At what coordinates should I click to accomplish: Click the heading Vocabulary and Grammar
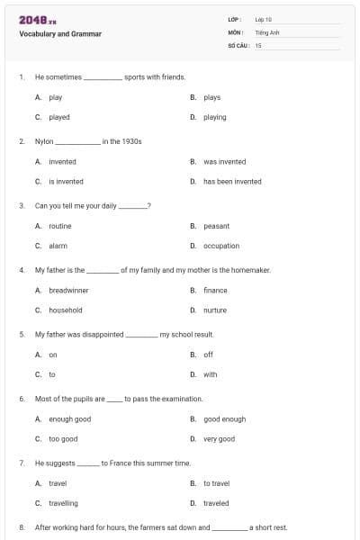60,34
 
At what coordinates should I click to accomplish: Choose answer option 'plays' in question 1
211,97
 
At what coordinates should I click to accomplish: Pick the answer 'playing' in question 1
214,117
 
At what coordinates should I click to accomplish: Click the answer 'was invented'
224,162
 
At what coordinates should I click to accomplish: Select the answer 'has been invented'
232,181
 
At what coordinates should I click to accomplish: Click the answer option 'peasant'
216,226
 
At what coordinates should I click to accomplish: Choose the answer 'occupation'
221,246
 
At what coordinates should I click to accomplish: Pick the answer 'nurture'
215,310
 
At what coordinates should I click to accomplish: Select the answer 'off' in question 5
208,355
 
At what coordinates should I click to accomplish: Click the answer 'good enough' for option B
224,419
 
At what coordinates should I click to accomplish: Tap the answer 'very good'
219,438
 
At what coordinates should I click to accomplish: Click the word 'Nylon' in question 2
44,141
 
